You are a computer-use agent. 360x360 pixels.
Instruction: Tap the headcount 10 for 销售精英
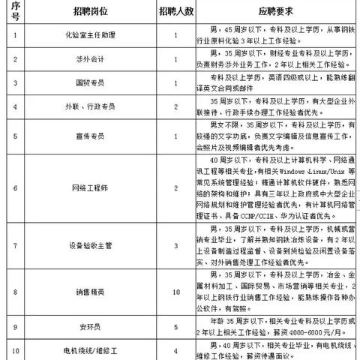(176, 291)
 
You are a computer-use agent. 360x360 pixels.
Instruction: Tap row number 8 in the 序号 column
(15, 291)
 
